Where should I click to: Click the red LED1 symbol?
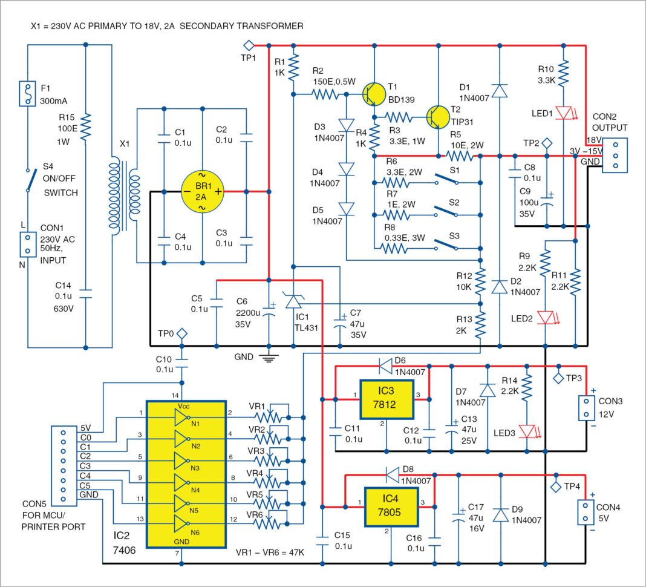[563, 113]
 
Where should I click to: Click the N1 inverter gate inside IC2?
[181, 418]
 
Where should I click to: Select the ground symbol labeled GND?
[269, 357]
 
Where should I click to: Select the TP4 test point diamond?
[555, 485]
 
